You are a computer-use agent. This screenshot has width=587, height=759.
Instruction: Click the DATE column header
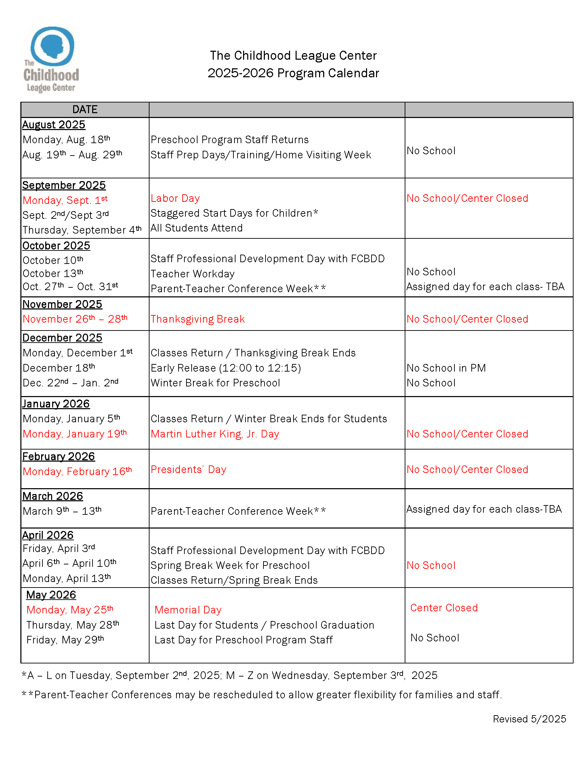pyautogui.click(x=85, y=109)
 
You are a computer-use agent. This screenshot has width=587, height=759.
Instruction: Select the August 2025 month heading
pyautogui.click(x=54, y=125)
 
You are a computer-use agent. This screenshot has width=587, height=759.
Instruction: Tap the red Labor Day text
pyautogui.click(x=175, y=198)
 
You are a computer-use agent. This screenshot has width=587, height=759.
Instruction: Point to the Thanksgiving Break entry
pyautogui.click(x=198, y=319)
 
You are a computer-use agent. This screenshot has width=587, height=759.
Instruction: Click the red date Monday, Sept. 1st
pyautogui.click(x=65, y=200)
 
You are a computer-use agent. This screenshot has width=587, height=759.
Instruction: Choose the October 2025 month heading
pyautogui.click(x=56, y=246)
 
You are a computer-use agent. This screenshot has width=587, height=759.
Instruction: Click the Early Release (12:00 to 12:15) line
pyautogui.click(x=226, y=368)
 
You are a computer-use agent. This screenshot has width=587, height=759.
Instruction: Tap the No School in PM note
pyautogui.click(x=446, y=368)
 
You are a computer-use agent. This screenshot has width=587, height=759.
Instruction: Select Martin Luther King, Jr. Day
pyautogui.click(x=214, y=434)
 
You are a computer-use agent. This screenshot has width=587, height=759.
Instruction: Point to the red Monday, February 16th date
pyautogui.click(x=77, y=471)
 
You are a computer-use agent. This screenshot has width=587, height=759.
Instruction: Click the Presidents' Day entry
pyautogui.click(x=188, y=470)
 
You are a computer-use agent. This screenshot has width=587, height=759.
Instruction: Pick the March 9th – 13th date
pyautogui.click(x=62, y=511)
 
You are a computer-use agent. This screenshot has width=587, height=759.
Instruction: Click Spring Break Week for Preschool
pyautogui.click(x=230, y=565)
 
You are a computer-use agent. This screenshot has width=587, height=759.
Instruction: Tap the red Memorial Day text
pyautogui.click(x=188, y=610)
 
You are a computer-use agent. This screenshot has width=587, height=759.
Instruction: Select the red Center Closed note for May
pyautogui.click(x=444, y=608)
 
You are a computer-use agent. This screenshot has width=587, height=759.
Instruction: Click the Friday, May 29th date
pyautogui.click(x=65, y=640)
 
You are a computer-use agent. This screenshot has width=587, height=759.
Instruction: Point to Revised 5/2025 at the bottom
pyautogui.click(x=529, y=719)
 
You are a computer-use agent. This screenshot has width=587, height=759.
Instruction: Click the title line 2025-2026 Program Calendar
pyautogui.click(x=293, y=73)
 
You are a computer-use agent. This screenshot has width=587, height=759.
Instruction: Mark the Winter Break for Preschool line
pyautogui.click(x=215, y=383)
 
